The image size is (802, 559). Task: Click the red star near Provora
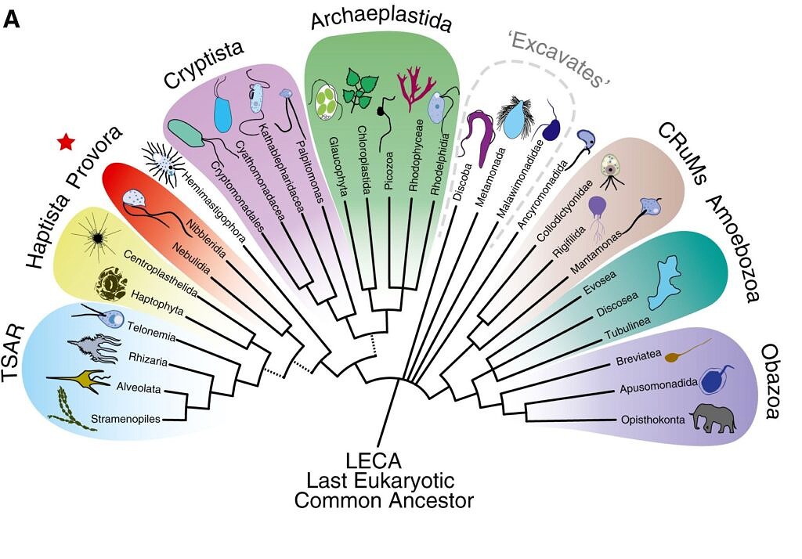click(66, 142)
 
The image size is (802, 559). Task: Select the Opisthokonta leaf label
click(652, 420)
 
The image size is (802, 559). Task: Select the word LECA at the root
click(382, 460)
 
